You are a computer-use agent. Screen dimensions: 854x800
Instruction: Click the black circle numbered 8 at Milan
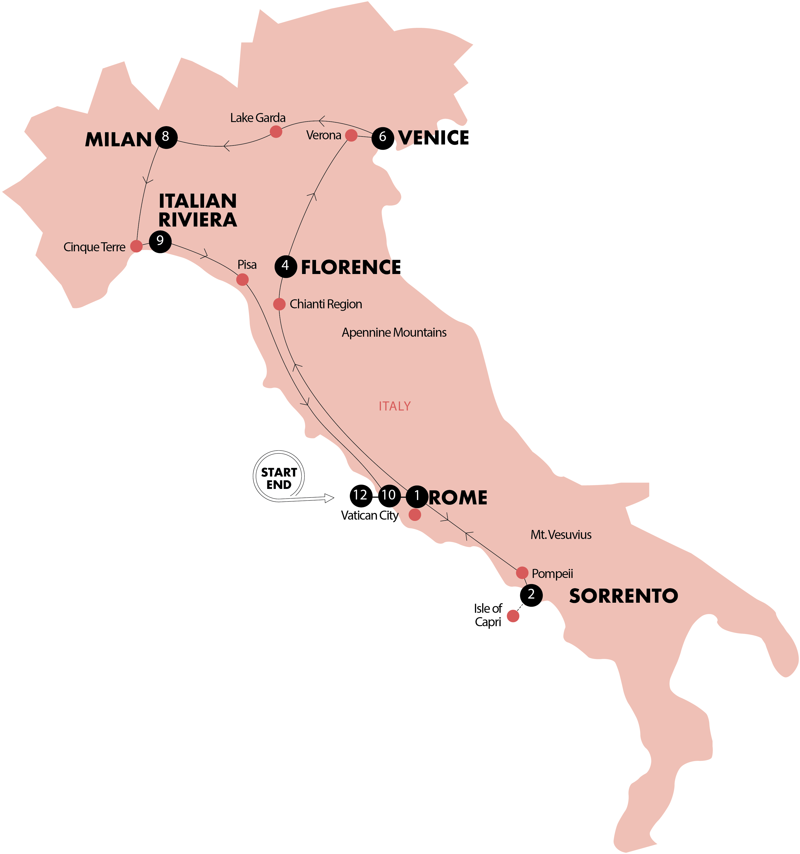click(166, 137)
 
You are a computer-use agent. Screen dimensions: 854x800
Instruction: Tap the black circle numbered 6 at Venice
click(382, 138)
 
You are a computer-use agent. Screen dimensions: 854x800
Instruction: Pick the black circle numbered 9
click(160, 241)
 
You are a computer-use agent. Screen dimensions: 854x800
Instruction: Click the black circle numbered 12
click(360, 496)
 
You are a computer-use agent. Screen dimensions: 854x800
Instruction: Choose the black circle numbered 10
click(389, 496)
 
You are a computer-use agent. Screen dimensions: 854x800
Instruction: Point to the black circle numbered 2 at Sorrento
click(531, 595)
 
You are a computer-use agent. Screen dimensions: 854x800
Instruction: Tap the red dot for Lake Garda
click(276, 131)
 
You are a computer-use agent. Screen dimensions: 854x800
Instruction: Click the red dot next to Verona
click(351, 135)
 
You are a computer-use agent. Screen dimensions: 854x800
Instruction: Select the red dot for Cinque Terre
click(136, 246)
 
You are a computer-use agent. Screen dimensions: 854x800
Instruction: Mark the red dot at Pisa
click(242, 280)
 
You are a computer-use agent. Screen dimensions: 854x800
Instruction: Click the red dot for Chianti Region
click(279, 304)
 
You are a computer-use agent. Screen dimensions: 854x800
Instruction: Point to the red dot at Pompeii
click(522, 573)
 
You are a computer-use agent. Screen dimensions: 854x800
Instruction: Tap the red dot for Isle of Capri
click(513, 616)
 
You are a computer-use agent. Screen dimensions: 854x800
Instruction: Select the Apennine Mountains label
click(394, 333)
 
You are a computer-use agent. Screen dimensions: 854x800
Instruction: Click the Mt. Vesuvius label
click(561, 535)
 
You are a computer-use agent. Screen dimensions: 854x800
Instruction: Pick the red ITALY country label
click(394, 406)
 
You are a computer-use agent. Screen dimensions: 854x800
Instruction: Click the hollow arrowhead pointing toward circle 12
click(329, 498)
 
